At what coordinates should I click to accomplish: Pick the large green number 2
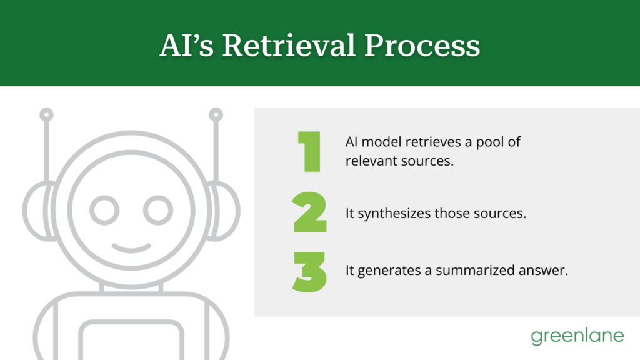(x=309, y=212)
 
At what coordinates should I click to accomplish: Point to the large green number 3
(x=309, y=271)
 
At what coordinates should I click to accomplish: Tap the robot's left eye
(x=104, y=210)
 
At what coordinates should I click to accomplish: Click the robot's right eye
(x=157, y=210)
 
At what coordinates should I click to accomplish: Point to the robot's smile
(x=131, y=247)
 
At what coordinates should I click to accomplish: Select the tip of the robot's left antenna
(x=47, y=115)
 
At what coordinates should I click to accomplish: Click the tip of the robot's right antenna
(x=216, y=115)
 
